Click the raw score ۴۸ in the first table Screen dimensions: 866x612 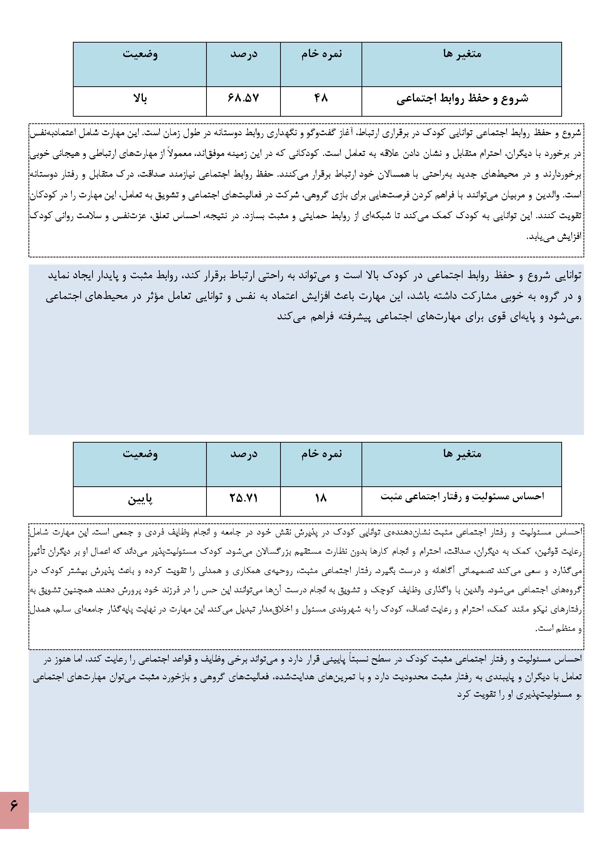click(321, 99)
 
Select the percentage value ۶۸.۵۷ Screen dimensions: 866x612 click(243, 99)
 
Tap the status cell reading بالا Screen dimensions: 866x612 click(140, 99)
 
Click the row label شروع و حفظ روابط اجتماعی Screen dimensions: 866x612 click(462, 99)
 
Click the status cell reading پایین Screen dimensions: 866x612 click(140, 500)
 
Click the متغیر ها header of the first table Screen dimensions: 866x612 click(462, 54)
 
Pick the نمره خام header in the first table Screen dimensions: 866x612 click(322, 54)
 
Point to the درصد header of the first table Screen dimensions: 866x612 click(244, 54)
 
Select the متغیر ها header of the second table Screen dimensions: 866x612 click(462, 454)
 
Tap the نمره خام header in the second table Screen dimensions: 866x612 click(322, 454)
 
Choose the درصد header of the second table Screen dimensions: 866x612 click(244, 454)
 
